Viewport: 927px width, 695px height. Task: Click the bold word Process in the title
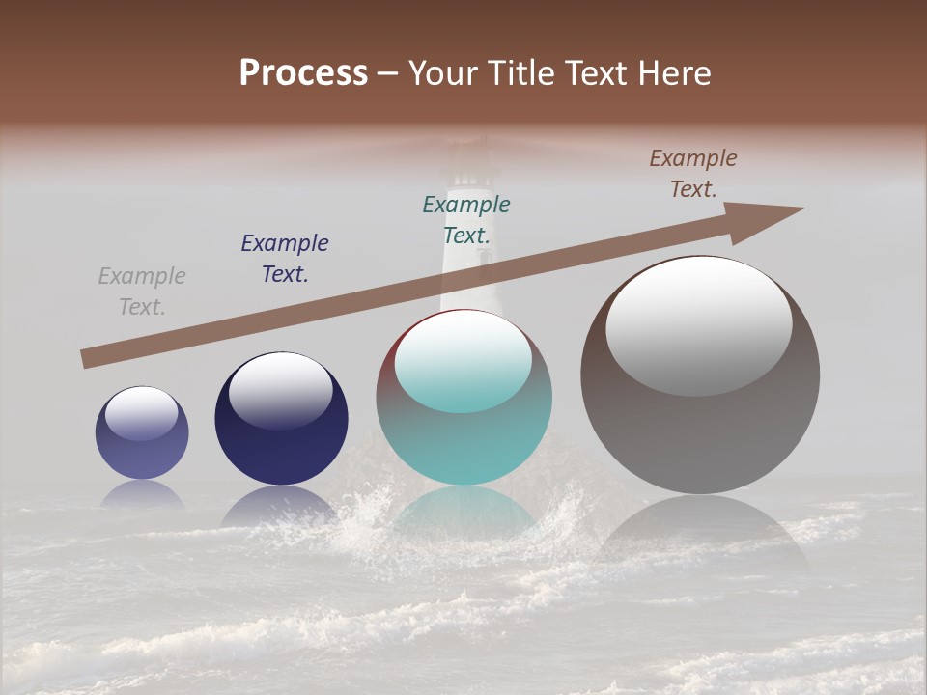(x=303, y=73)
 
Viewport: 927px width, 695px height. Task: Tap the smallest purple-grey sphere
(x=142, y=433)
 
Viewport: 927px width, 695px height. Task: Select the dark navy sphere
(x=281, y=419)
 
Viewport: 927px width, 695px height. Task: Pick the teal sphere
(x=463, y=398)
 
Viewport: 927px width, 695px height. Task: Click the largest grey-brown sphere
(x=700, y=375)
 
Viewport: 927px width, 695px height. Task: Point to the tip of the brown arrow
(x=802, y=208)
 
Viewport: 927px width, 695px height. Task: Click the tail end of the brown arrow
(x=84, y=360)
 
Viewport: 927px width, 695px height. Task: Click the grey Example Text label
(x=142, y=292)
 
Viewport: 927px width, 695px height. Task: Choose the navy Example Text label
(x=285, y=259)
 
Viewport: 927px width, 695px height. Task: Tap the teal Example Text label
(x=466, y=219)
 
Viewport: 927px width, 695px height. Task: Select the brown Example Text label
(x=693, y=174)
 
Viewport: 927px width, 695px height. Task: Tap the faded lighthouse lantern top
(x=466, y=154)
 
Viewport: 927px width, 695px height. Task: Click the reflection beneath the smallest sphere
(x=142, y=495)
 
